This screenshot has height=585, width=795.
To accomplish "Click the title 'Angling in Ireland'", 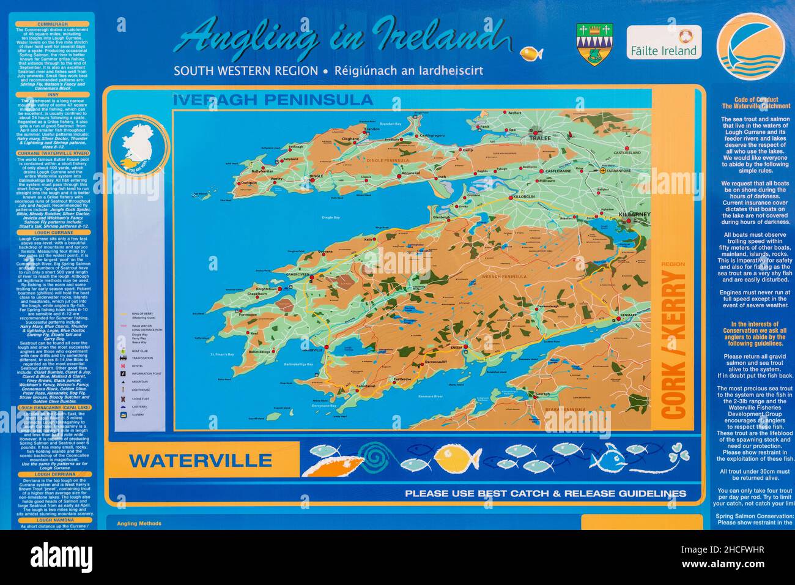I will pyautogui.click(x=342, y=38).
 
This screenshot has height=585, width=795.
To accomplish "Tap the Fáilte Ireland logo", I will pyautogui.click(x=664, y=42).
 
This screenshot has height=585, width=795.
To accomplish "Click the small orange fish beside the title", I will pyautogui.click(x=531, y=54).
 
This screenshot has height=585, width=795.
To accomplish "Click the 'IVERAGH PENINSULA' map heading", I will pyautogui.click(x=273, y=100).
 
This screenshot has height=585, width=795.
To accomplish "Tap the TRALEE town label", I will pyautogui.click(x=540, y=138).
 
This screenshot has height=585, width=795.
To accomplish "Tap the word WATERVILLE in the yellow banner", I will pyautogui.click(x=200, y=461).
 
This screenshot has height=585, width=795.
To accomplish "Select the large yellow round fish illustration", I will pyautogui.click(x=457, y=458).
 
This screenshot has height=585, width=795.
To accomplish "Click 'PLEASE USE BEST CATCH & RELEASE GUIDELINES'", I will pyautogui.click(x=545, y=493).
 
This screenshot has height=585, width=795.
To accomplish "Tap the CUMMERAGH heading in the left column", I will pyautogui.click(x=54, y=24).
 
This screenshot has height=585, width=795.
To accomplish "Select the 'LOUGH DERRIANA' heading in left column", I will pyautogui.click(x=54, y=474).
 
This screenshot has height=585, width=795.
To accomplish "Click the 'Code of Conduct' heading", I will pyautogui.click(x=755, y=99).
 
